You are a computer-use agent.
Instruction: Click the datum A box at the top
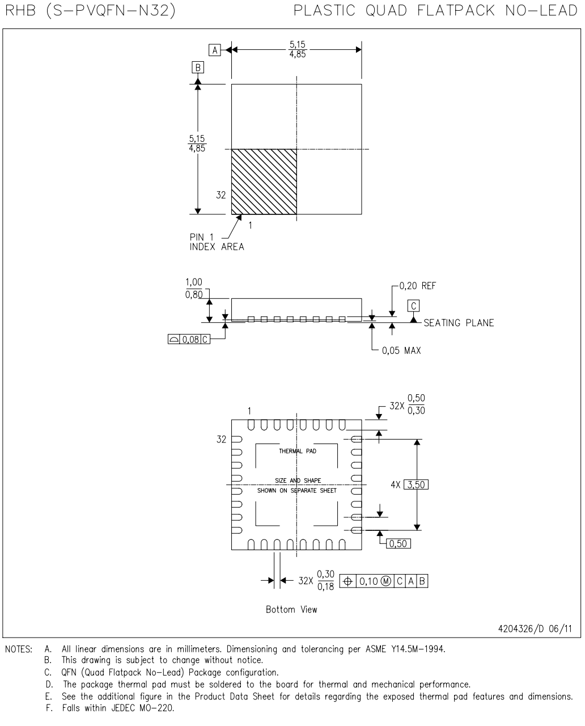[215, 50]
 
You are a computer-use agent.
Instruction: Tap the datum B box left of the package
[198, 67]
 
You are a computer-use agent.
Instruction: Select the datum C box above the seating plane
[413, 306]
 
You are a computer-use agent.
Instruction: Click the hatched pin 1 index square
[264, 181]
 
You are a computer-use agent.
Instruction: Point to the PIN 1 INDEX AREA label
[217, 242]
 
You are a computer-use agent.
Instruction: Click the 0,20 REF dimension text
[417, 286]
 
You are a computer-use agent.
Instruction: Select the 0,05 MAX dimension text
[401, 351]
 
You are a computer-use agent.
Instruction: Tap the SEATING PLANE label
[459, 323]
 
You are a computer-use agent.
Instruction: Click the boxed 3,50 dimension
[416, 485]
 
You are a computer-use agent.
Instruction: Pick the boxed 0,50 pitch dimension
[398, 543]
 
